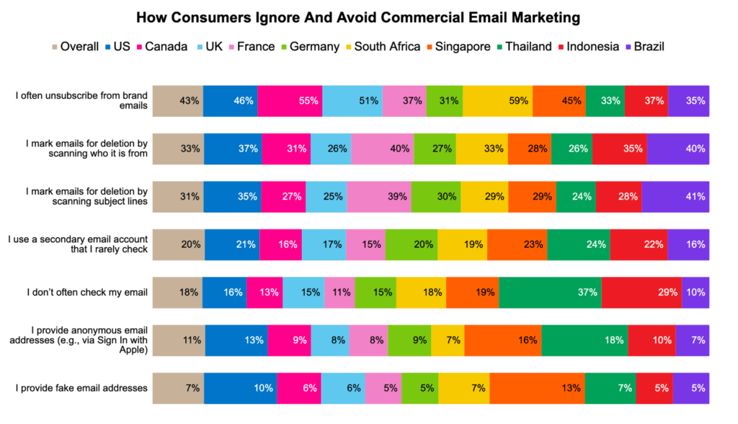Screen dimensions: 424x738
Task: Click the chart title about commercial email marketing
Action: [368, 15]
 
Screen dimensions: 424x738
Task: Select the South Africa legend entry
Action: [386, 47]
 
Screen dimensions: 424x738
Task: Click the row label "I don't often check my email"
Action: [87, 292]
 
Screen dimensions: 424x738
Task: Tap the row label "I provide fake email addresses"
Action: [81, 388]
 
